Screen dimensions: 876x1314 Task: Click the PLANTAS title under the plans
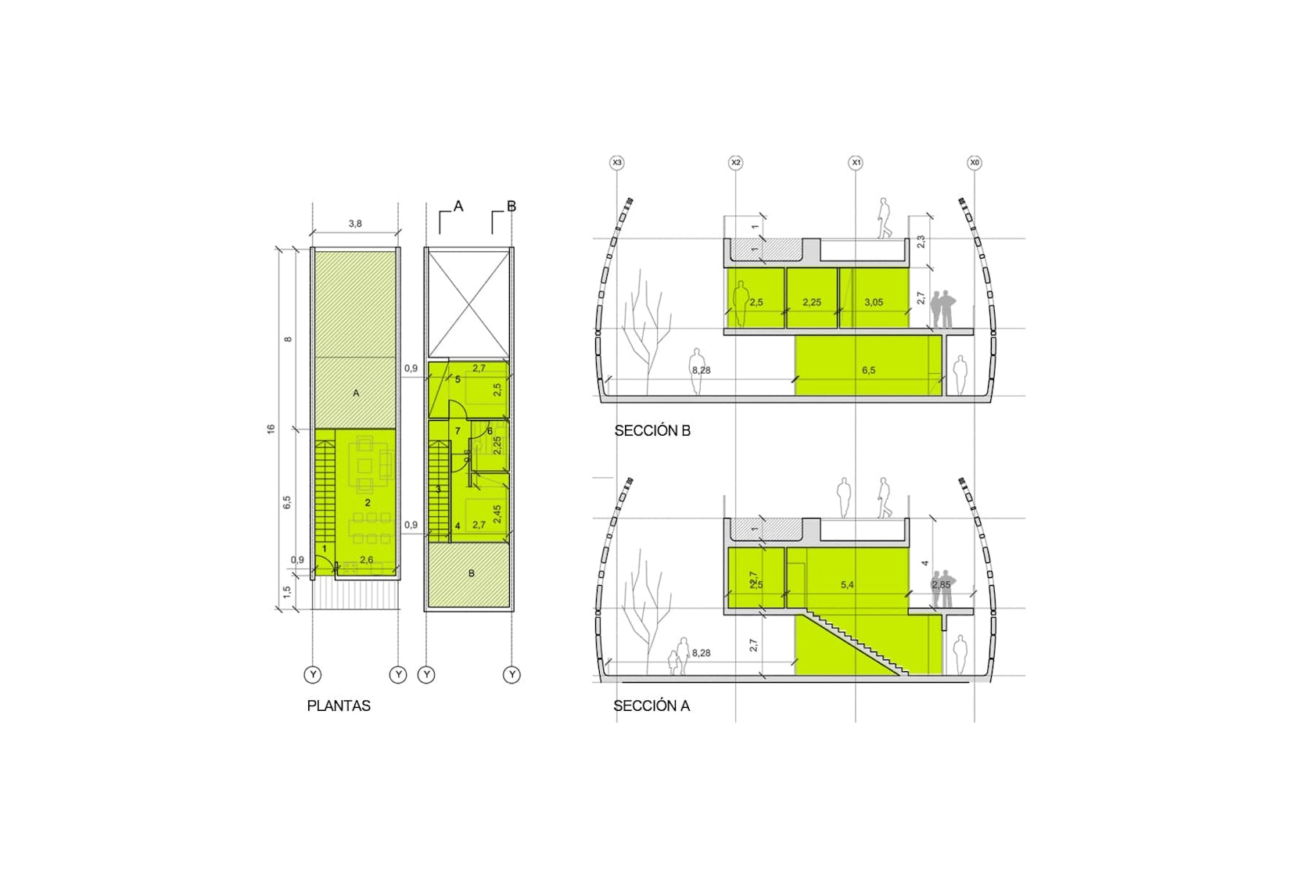[x=338, y=705]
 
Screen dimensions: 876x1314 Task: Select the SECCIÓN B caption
[x=652, y=430]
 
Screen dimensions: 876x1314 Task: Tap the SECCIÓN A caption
[x=652, y=705]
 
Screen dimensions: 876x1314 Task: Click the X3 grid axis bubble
[x=617, y=163]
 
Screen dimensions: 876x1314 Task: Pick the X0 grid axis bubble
[x=974, y=163]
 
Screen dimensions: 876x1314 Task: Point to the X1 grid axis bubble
[x=856, y=163]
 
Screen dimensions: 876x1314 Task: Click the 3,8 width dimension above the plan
[x=355, y=224]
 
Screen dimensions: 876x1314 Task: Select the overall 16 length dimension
[x=271, y=429]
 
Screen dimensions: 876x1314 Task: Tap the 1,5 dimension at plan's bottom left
[x=287, y=592]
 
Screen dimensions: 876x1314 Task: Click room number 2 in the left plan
[x=368, y=502]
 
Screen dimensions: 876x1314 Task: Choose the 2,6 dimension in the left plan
[x=366, y=560]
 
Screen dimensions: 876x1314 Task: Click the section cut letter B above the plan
[x=512, y=206]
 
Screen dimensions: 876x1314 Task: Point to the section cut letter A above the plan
[x=458, y=206]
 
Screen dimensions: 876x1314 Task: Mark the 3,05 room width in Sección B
[x=874, y=302]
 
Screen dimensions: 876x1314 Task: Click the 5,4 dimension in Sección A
[x=847, y=584]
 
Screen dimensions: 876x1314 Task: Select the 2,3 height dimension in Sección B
[x=921, y=242]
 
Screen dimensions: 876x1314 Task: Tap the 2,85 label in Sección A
[x=941, y=584]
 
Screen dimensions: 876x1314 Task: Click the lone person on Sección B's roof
[x=884, y=217]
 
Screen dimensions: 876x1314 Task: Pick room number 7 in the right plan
[x=458, y=431]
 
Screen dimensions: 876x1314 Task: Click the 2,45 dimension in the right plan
[x=497, y=514]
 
